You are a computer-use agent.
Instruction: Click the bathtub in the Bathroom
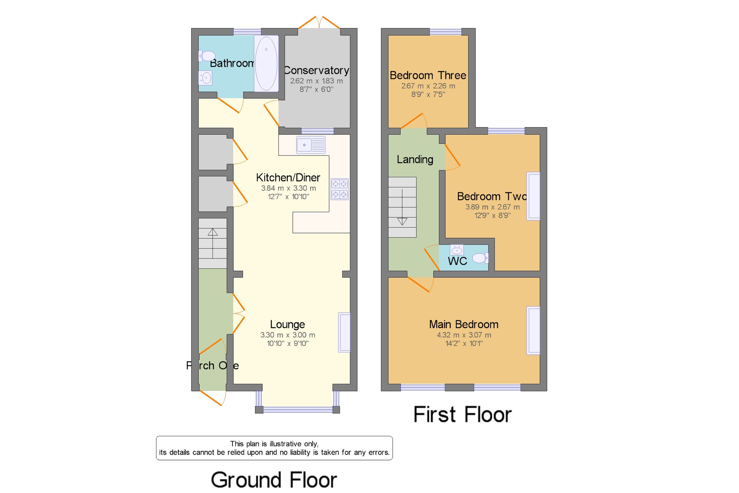coord(266,64)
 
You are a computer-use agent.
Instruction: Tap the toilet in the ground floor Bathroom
coord(207,56)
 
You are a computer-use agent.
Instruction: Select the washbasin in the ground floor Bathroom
coord(206,78)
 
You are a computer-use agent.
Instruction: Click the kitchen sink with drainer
coord(310,145)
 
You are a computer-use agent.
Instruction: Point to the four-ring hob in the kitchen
coord(339,189)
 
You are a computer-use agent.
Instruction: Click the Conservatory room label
coord(316,70)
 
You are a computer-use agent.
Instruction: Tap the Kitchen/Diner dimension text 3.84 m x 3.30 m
coord(288,188)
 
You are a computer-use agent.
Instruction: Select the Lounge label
coord(287,324)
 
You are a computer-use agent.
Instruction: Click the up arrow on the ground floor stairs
coord(212,233)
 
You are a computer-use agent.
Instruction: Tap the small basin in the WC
coord(456,250)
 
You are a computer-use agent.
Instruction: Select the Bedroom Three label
coord(428,76)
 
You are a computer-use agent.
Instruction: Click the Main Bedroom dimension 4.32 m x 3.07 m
coord(464,335)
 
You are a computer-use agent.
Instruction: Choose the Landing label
coord(415,159)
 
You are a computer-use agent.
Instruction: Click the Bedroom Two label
coord(491,196)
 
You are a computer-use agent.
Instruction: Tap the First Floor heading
coord(462,414)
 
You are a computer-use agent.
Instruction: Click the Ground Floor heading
coord(274,480)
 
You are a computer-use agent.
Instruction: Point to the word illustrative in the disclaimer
coord(285,444)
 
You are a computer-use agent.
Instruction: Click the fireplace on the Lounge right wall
coord(344,332)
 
